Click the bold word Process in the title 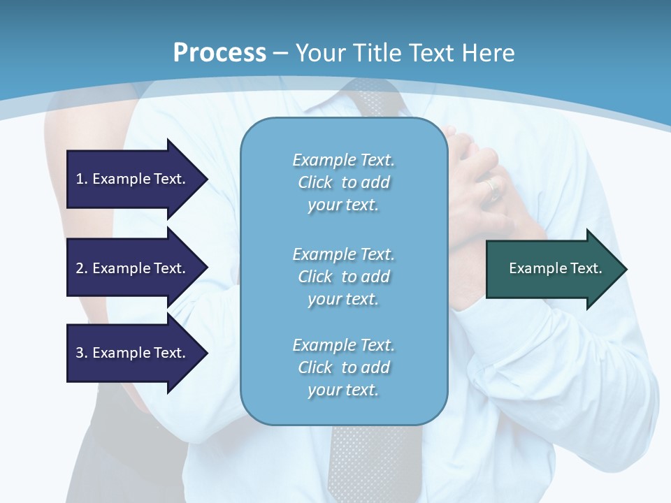click(x=219, y=52)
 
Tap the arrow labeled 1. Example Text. click(x=137, y=179)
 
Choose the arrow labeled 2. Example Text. click(x=137, y=268)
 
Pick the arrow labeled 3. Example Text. click(x=137, y=353)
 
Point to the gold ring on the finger click(x=493, y=187)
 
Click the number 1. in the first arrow click(x=81, y=179)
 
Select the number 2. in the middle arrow click(x=81, y=268)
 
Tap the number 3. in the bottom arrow click(x=81, y=353)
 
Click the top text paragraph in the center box click(x=343, y=182)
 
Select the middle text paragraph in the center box click(x=343, y=276)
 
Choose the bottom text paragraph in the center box click(x=343, y=367)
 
